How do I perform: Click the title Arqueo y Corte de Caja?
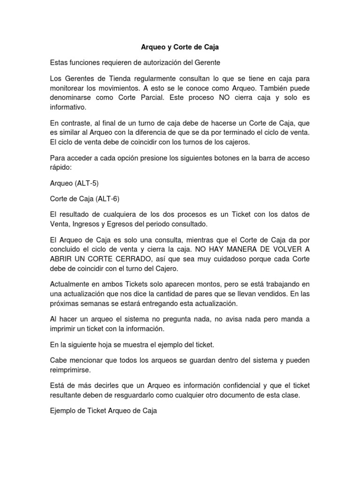[180, 47]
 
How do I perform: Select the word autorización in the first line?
[157, 62]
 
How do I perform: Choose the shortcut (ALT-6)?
[107, 199]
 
